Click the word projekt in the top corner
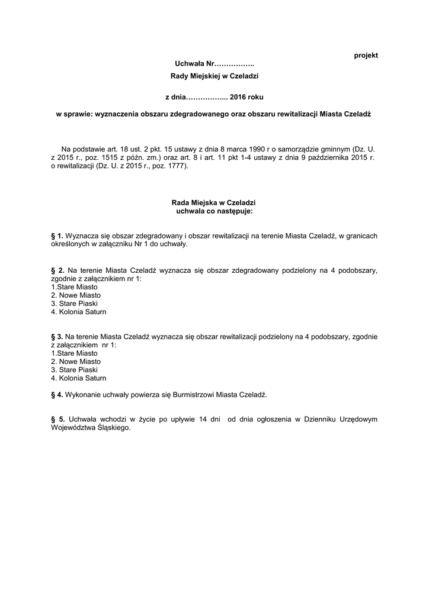tap(366, 55)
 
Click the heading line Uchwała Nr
tap(214, 63)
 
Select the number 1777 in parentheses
tap(175, 166)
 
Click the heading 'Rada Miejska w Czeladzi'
tap(214, 202)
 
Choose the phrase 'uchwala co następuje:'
tap(214, 211)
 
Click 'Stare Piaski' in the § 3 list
tap(74, 369)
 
